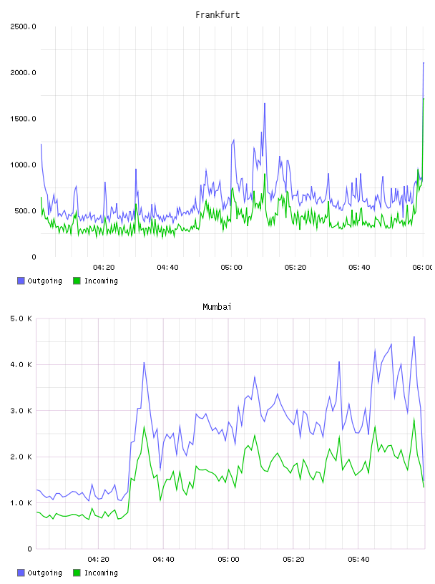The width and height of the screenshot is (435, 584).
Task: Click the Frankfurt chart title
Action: [217, 15]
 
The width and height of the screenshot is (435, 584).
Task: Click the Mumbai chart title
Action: [217, 307]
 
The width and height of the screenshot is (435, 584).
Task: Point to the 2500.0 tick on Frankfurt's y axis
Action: [23, 26]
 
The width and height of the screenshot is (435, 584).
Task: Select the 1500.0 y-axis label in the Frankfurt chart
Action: [23, 119]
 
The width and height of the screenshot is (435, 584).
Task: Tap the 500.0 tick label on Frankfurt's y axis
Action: [25, 211]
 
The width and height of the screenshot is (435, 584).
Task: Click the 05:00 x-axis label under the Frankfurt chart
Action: [231, 268]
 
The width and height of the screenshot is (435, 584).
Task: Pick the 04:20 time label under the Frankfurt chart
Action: [104, 268]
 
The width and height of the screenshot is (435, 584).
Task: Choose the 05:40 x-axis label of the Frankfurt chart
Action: [359, 268]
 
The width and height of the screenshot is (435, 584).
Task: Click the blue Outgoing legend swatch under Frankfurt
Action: [21, 281]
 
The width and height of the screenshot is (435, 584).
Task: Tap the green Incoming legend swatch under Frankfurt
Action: [77, 281]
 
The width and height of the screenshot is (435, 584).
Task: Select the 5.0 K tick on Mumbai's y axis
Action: [21, 318]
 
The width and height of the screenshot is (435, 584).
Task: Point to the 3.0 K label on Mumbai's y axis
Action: [21, 411]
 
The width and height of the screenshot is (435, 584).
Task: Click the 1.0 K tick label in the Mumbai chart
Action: [21, 503]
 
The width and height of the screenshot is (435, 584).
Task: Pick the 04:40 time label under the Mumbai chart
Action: [164, 560]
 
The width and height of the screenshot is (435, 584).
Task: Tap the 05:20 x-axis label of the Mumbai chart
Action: [293, 560]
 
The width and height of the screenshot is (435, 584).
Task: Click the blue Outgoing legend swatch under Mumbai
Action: [21, 573]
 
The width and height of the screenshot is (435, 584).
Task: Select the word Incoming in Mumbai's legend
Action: [101, 573]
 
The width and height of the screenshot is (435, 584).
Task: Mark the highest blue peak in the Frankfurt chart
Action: [424, 63]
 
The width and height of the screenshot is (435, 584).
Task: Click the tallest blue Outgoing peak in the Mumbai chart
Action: [414, 336]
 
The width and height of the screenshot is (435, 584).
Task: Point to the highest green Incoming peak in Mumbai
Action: [414, 418]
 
